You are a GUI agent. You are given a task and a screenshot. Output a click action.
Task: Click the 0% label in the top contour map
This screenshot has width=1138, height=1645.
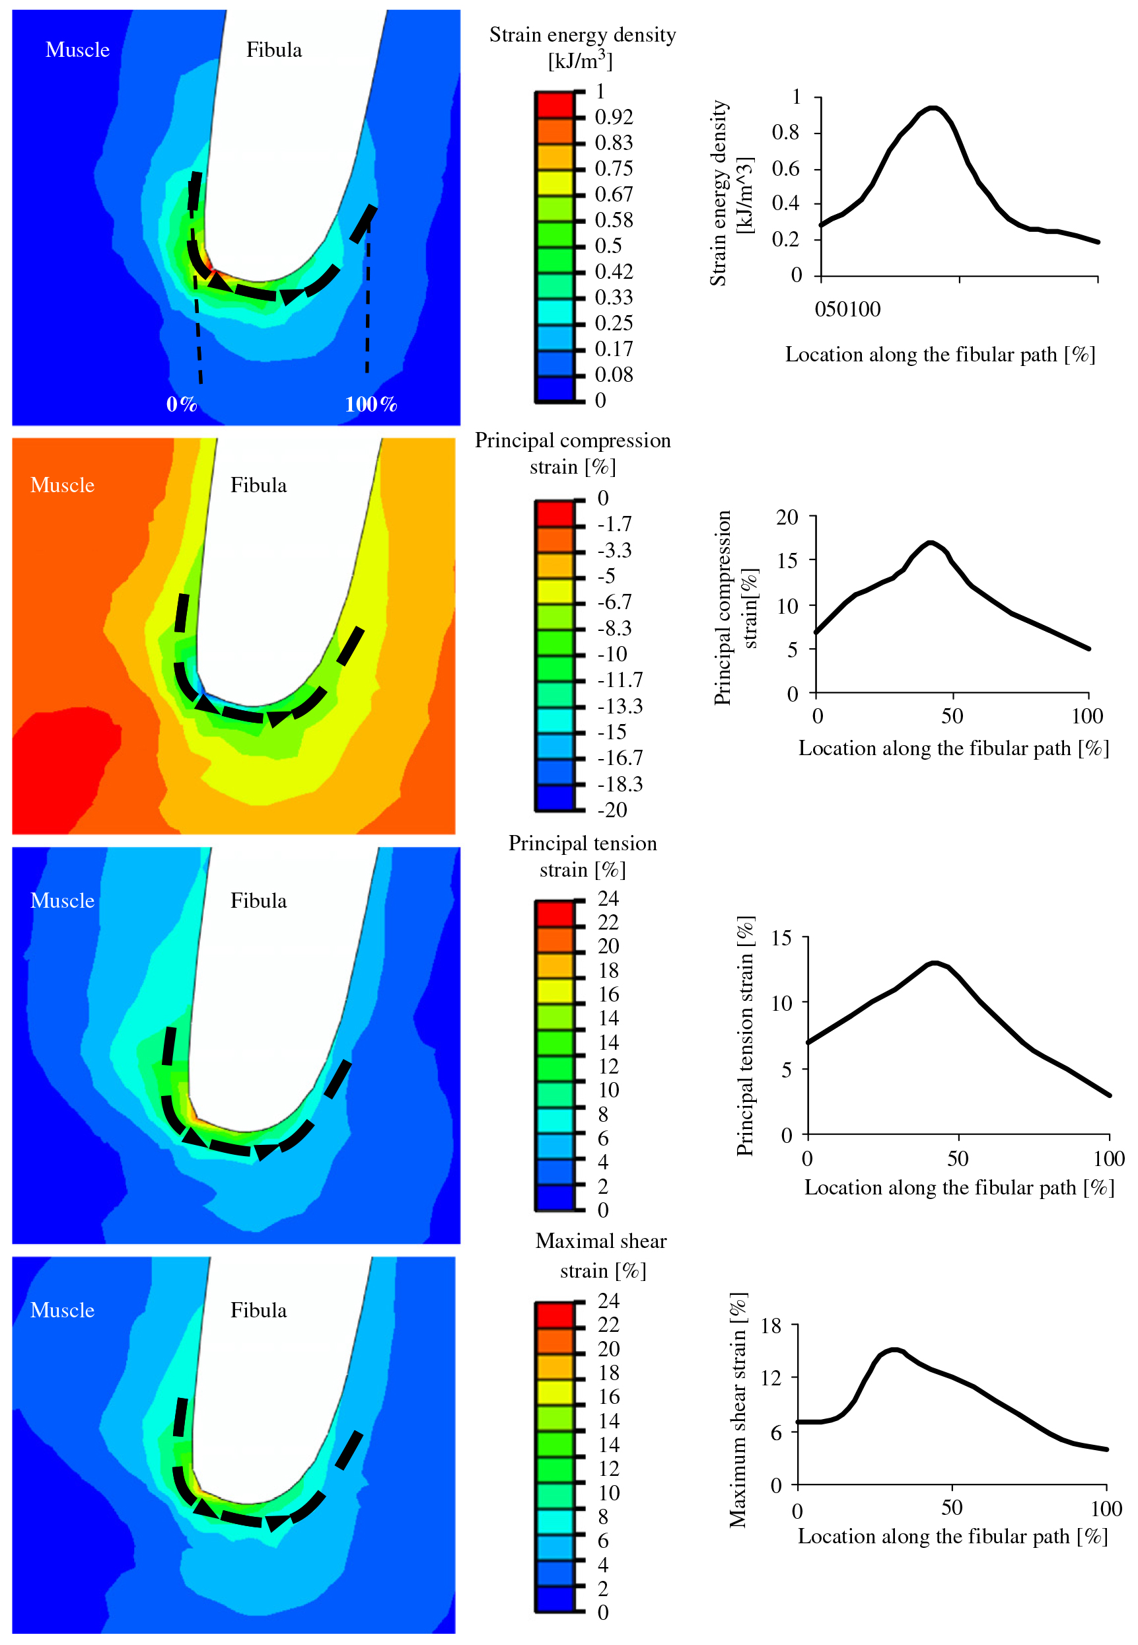181,404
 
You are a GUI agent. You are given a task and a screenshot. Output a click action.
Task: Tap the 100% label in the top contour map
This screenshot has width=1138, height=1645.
371,404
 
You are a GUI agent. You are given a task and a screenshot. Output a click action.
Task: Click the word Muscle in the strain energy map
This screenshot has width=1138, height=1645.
78,50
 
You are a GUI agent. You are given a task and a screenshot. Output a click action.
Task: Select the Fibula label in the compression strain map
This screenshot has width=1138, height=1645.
258,486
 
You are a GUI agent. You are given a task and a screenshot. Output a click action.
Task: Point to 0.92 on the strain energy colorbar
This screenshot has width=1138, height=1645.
613,117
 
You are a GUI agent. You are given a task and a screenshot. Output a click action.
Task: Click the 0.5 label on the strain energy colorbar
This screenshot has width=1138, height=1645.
608,246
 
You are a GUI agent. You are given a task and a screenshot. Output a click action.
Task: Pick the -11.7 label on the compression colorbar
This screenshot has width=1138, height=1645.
620,680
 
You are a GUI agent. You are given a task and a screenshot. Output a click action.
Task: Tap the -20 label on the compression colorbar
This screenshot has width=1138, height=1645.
612,810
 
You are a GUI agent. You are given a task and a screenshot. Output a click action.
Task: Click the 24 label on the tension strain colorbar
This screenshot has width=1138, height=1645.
608,898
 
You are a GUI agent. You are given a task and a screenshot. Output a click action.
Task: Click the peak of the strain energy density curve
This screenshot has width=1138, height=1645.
933,108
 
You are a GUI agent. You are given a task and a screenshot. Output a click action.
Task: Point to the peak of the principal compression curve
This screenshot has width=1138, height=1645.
931,542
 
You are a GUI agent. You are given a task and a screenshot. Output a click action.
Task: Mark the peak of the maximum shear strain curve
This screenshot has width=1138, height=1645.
895,1350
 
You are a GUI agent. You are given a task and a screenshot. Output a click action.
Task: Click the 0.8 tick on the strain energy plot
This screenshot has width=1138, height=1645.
786,133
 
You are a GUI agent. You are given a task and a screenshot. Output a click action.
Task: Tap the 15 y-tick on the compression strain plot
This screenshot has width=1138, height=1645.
787,560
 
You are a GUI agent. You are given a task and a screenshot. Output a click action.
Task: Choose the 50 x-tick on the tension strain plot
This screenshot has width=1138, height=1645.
958,1159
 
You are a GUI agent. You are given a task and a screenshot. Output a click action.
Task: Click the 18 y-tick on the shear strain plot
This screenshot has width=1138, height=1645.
771,1327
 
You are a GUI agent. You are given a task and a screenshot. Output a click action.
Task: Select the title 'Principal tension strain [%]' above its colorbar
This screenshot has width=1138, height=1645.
583,856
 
